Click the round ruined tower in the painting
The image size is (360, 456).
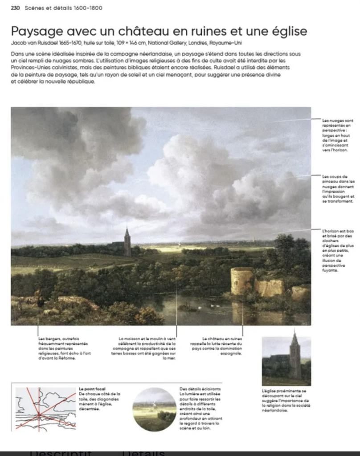(241, 281)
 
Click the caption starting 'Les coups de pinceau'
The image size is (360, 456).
(338, 189)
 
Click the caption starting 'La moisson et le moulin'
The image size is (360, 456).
(144, 349)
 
